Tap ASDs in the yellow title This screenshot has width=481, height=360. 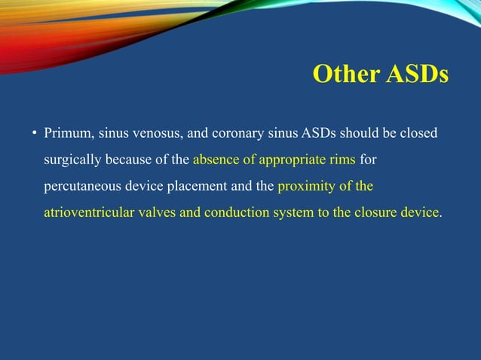[x=417, y=75]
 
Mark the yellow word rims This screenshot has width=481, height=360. [x=343, y=160]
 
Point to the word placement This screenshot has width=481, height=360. [x=204, y=186]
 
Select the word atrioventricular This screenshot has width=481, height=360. [x=89, y=212]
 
